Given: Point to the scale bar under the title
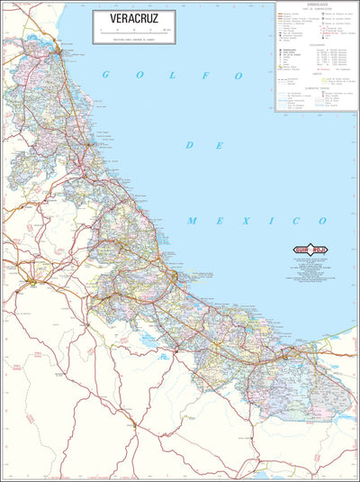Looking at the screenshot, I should (x=131, y=31).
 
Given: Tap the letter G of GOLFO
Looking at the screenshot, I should (x=104, y=75).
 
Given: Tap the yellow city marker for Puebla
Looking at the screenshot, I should (x=34, y=282).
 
